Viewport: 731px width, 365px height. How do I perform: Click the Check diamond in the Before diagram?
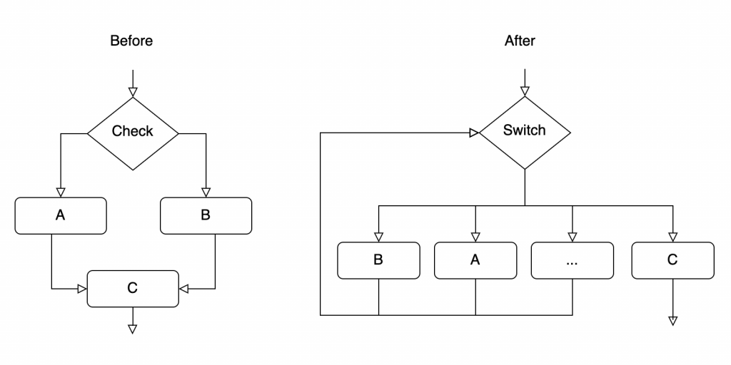point(133,133)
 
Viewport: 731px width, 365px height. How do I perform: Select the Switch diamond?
point(525,133)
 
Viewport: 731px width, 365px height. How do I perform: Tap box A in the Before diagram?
point(61,215)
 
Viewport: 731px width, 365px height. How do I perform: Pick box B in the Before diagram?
point(206,215)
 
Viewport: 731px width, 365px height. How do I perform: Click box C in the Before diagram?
point(133,289)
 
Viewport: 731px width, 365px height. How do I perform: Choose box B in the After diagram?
point(378,260)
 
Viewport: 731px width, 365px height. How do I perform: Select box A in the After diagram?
point(475,260)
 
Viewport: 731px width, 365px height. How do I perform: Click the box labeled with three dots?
point(573,260)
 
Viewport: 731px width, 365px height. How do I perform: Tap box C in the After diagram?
point(672,260)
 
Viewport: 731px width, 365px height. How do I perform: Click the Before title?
point(131,41)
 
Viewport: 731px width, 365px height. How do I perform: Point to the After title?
point(520,41)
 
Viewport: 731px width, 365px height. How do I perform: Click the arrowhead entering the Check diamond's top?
point(133,92)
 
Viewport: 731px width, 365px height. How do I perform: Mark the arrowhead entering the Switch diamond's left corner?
point(475,133)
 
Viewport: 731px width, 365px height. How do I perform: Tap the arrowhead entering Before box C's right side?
point(183,289)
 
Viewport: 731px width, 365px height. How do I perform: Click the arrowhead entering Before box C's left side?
point(83,289)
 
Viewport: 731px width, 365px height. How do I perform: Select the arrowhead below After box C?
point(672,321)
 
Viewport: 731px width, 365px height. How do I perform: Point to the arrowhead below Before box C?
point(133,329)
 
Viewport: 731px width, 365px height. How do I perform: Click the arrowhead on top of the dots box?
point(573,237)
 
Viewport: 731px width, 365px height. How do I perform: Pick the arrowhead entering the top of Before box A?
point(61,192)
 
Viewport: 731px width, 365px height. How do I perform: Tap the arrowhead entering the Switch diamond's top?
point(525,91)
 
